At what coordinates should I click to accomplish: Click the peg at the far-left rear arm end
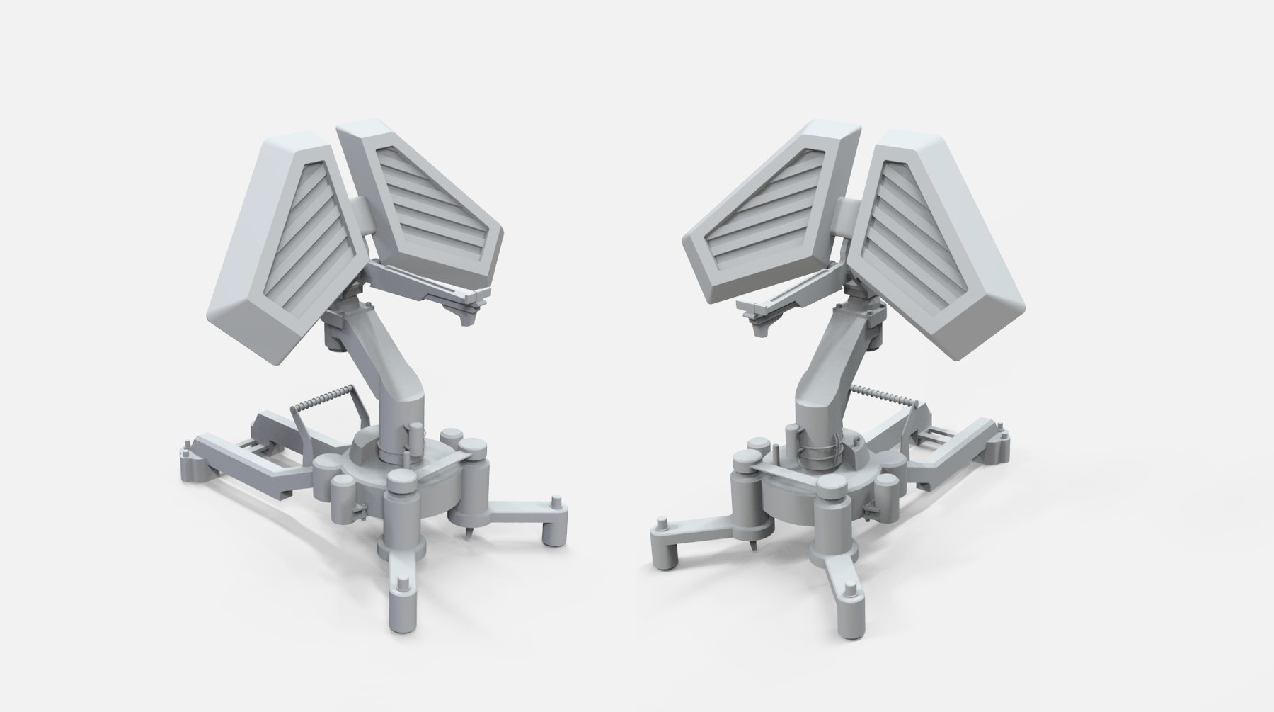click(x=186, y=448)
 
